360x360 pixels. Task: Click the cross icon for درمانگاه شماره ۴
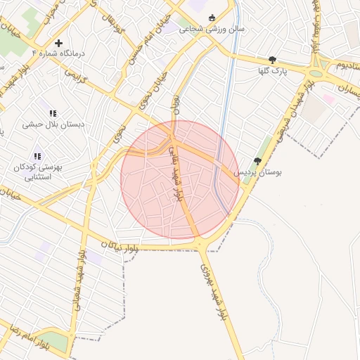click(x=58, y=43)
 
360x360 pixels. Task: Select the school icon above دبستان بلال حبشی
click(x=53, y=112)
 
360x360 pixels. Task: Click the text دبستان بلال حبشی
click(x=53, y=124)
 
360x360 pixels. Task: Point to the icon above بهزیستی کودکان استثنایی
click(x=37, y=156)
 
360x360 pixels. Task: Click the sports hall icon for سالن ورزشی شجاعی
click(x=212, y=18)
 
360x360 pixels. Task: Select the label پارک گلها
click(x=272, y=71)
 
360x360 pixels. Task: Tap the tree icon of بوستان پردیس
click(x=257, y=161)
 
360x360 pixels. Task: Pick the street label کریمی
click(x=75, y=77)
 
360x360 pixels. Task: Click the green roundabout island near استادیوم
click(x=316, y=73)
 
